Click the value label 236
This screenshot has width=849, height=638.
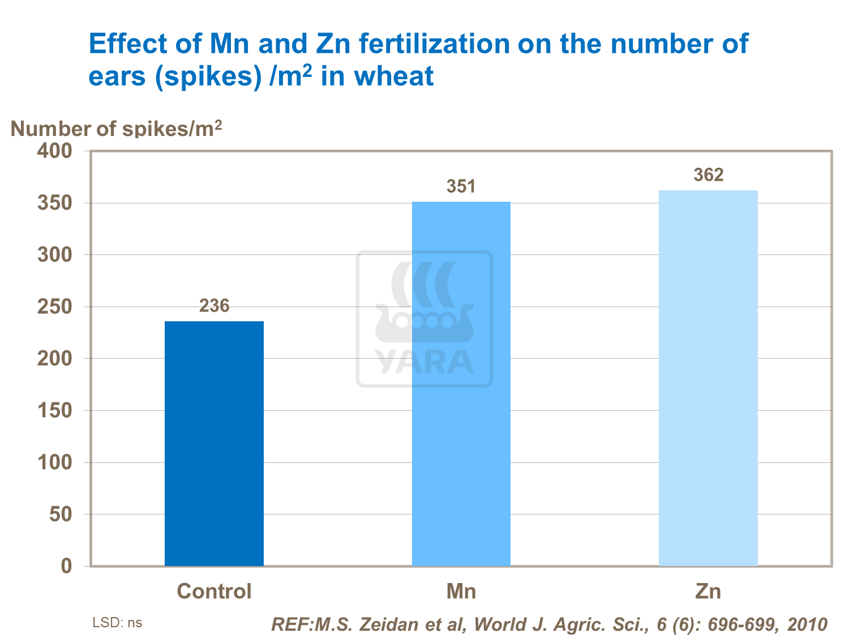click(214, 306)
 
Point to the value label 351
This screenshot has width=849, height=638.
click(461, 186)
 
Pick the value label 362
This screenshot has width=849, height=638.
click(708, 175)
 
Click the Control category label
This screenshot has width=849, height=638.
click(214, 592)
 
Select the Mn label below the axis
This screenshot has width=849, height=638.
click(461, 592)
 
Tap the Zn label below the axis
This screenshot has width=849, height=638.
click(708, 592)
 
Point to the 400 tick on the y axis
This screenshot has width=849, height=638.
click(55, 151)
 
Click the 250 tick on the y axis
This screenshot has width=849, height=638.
click(55, 307)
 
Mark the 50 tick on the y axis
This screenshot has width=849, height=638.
click(61, 514)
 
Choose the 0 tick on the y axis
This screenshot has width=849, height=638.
click(67, 566)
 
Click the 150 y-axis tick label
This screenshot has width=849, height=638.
click(55, 411)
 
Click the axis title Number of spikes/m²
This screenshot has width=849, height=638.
click(116, 129)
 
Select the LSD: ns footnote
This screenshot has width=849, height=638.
click(117, 623)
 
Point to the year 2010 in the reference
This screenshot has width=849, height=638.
click(807, 624)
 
